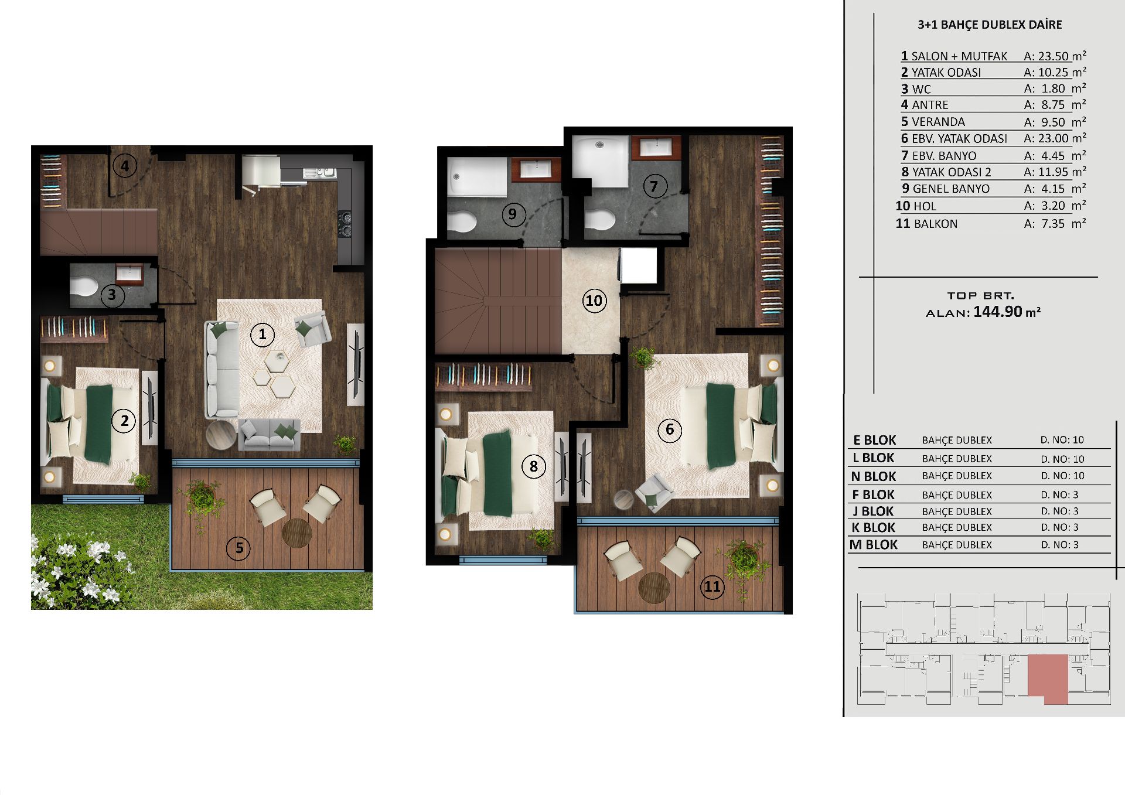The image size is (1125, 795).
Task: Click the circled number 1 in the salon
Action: pos(262,335)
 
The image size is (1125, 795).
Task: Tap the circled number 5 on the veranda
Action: pos(238,548)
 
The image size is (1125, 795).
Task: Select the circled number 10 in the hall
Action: pos(594,301)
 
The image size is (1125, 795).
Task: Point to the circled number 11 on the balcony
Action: pos(712,586)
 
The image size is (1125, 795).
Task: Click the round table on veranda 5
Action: pos(297,533)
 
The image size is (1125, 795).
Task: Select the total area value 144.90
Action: pos(998,312)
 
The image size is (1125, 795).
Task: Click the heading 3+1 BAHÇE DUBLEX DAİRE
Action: pos(990,25)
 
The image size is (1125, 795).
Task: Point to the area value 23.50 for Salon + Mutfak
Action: pos(1054,56)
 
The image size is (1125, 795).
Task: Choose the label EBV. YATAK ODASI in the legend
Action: pos(960,139)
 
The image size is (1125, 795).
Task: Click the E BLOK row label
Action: pos(875,440)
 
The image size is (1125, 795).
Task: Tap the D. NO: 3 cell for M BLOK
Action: pos(1060,545)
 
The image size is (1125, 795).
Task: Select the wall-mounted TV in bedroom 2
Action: pos(149,408)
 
